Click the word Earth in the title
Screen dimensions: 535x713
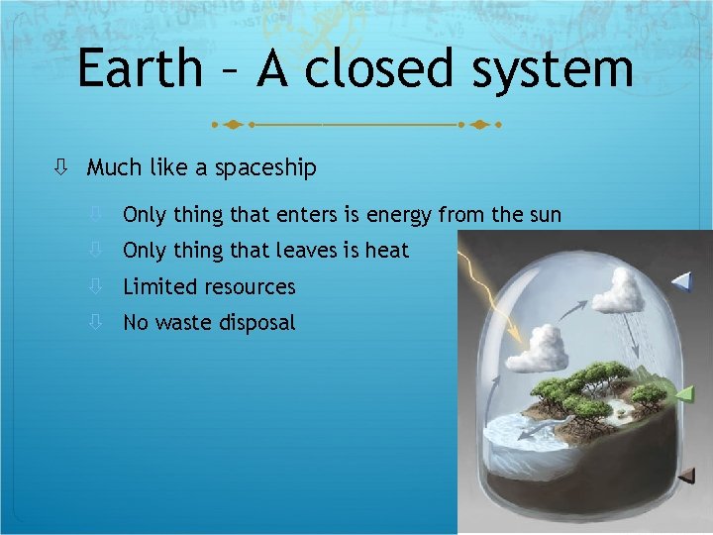point(138,69)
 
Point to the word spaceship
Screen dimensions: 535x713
point(268,168)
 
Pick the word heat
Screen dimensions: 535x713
point(387,251)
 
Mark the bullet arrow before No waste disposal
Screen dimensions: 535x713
point(96,322)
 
